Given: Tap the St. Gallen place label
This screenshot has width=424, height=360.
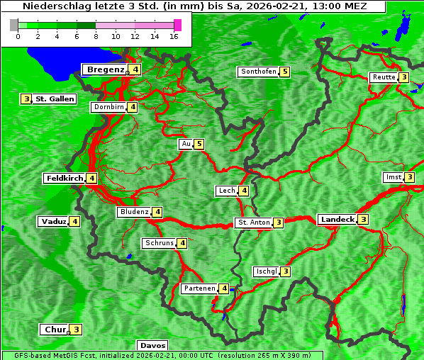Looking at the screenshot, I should (x=55, y=99).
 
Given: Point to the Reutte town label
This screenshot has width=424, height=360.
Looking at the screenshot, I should (x=384, y=77).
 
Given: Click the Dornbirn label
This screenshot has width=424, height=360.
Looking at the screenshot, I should (x=108, y=107).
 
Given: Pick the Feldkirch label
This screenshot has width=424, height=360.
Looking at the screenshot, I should (x=65, y=179).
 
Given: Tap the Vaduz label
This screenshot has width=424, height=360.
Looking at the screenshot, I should (x=54, y=222).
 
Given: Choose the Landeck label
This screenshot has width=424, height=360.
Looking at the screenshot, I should (x=337, y=220).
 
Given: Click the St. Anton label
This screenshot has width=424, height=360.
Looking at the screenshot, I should (x=254, y=223).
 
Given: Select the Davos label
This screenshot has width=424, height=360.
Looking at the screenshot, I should (x=152, y=346).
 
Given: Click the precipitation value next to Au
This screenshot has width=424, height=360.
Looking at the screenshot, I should (x=199, y=145).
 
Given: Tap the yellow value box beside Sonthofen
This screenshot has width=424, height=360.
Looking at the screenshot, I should (x=285, y=72).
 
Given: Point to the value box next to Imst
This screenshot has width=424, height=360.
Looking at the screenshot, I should (x=409, y=177).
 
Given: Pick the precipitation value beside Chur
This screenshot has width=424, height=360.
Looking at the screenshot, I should (x=77, y=330).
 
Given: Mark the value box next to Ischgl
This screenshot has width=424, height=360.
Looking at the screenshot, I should (x=286, y=271).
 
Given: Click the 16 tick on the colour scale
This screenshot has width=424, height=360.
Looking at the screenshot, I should (x=174, y=36).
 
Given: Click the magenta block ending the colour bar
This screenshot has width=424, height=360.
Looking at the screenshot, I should (x=177, y=25).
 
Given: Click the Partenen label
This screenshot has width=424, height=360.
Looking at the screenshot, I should (x=199, y=288).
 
